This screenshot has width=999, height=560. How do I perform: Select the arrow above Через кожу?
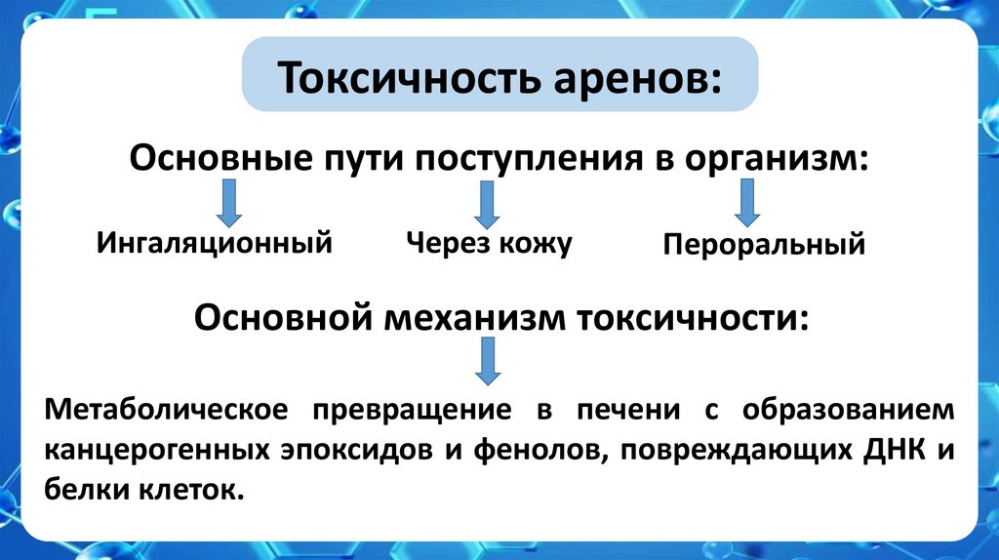point(487,205)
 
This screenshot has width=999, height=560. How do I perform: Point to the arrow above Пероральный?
point(747,205)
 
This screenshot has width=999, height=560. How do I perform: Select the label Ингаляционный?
point(215,242)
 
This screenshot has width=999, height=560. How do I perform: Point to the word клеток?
point(184,490)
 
